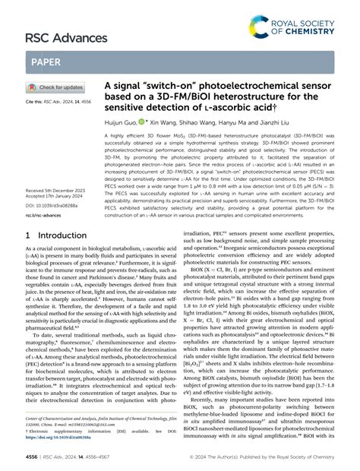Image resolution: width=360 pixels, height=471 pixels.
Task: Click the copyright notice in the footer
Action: [x=264, y=458]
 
